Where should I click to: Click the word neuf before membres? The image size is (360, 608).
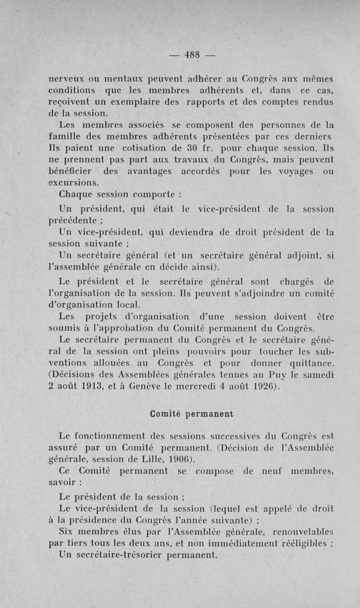pyautogui.click(x=274, y=471)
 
